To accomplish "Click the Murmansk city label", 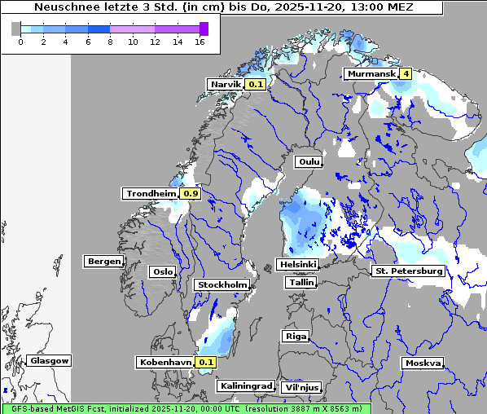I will pos(371,74).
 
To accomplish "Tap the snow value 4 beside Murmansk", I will pos(406,74).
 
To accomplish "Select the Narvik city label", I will pos(226,84).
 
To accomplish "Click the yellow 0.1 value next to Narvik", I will pos(257,84).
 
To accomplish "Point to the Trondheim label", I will pos(151,194).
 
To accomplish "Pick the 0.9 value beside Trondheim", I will pos(191,194).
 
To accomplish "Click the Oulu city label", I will pos(308,162).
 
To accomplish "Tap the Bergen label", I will pos(103,262).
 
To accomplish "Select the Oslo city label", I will pos(162,272).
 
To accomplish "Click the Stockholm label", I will pos(222,285).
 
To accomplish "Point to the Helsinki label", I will pos(297,265).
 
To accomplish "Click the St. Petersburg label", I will pos(408,271).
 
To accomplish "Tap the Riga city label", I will pos(294,336).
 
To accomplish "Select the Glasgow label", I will pos(50,361).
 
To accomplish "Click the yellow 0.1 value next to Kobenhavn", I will pos(206,362).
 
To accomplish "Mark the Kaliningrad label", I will pos(244,385).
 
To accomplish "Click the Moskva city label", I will pos(423,363).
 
